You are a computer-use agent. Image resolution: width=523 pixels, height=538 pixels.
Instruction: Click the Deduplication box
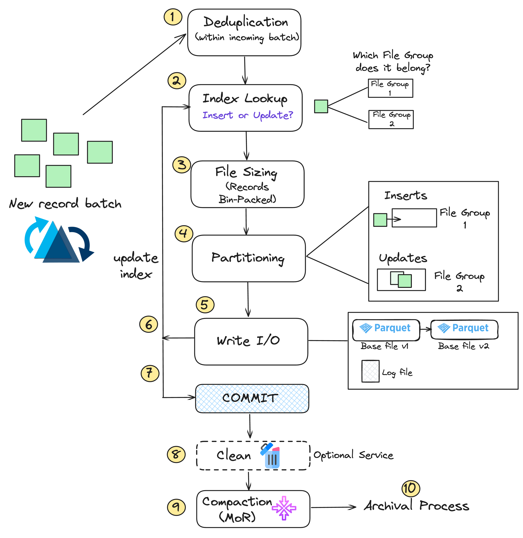244,32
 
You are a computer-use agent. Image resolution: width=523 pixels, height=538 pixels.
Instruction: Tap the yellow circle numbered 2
177,81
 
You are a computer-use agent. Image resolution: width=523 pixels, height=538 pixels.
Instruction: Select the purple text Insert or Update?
248,115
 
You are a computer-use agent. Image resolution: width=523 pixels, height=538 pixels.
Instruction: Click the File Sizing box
247,184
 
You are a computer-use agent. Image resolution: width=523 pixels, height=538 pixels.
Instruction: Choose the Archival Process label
416,506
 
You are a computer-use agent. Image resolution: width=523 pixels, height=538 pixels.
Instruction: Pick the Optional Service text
353,455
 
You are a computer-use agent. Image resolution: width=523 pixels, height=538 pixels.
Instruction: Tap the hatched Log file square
370,371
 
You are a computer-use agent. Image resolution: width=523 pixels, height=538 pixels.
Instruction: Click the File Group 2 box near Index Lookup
391,119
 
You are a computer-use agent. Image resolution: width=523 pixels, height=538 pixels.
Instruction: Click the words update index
136,265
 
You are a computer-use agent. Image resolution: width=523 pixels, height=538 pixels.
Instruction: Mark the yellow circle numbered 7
150,373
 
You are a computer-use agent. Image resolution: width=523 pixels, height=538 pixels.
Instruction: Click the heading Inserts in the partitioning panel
405,195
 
